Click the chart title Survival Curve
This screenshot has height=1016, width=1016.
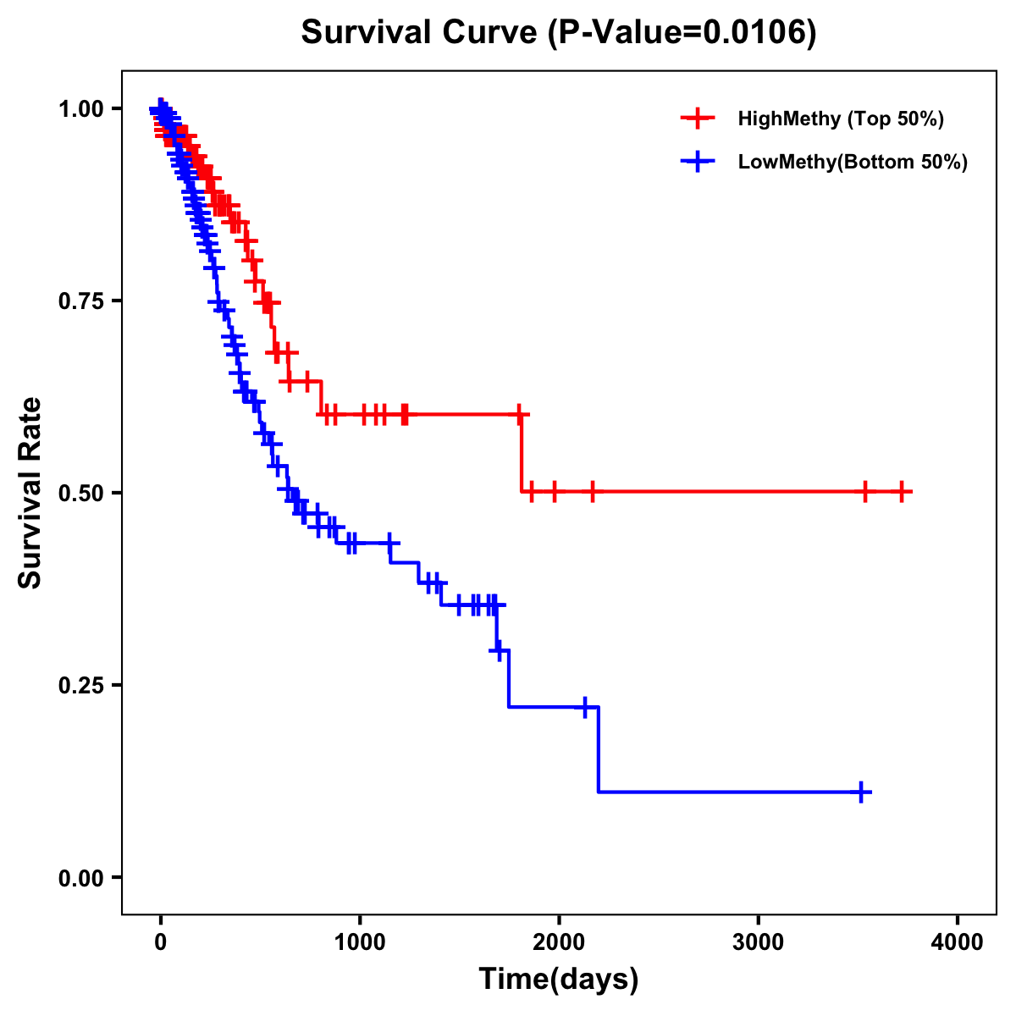point(559,32)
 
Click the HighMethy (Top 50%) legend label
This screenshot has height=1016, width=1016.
point(840,119)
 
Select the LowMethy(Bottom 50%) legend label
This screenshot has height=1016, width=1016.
point(853,162)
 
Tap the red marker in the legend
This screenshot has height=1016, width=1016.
point(698,119)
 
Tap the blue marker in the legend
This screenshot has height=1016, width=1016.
point(698,162)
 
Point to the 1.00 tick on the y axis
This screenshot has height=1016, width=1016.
point(80,109)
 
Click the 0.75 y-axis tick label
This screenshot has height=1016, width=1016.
point(80,301)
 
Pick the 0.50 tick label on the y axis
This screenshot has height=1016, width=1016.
point(80,493)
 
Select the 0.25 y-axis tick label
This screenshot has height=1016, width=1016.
point(80,685)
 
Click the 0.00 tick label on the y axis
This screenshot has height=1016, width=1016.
point(80,878)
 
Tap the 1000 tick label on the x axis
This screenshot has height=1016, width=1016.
point(360,943)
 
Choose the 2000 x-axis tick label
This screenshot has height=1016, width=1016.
point(559,943)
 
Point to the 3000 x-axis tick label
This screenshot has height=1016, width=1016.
point(758,943)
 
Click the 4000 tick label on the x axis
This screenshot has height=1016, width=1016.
point(957,943)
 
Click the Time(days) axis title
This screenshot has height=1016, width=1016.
point(559,980)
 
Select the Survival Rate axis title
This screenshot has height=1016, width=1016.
point(30,492)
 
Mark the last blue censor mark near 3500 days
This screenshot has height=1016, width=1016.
point(860,792)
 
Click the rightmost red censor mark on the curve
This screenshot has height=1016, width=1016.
point(903,491)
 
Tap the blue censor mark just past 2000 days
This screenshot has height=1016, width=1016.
point(584,707)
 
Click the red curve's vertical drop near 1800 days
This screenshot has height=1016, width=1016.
point(522,453)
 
